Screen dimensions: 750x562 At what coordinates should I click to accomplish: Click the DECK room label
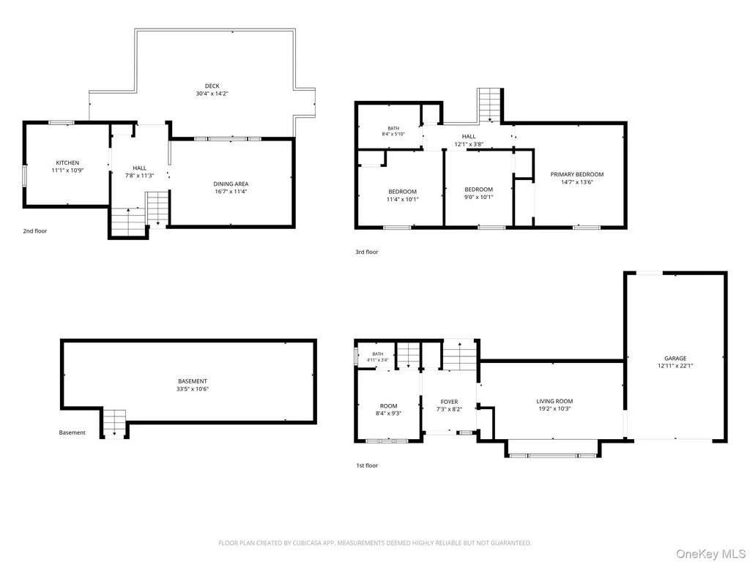pos(212,86)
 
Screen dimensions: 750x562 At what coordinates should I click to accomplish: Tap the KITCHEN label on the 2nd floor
pos(67,162)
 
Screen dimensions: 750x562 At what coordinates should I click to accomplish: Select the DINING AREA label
pos(231,184)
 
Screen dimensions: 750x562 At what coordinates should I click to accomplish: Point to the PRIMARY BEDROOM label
pos(577,174)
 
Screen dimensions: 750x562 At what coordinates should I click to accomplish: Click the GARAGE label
pos(675,358)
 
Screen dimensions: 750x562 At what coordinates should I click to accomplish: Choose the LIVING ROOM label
pos(554,401)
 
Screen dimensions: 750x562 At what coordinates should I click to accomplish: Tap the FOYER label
pos(449,402)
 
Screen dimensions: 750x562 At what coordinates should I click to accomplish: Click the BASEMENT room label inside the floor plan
pos(193,381)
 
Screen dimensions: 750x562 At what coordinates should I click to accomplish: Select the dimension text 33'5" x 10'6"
pos(193,389)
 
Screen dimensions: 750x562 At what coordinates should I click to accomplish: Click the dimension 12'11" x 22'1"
pos(675,366)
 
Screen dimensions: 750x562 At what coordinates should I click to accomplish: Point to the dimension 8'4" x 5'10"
pos(393,134)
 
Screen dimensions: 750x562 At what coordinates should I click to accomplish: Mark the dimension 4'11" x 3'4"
pos(377,360)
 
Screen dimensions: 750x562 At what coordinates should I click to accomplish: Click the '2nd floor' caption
pos(35,231)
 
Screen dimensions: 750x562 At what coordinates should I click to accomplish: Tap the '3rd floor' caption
pos(366,252)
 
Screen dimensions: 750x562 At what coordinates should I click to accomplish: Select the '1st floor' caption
pos(367,465)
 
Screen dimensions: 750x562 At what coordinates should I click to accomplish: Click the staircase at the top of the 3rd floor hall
pos(490,105)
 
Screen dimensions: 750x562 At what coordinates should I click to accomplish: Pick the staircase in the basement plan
pos(114,423)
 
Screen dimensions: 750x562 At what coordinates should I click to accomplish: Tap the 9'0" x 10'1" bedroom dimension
pos(478,197)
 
